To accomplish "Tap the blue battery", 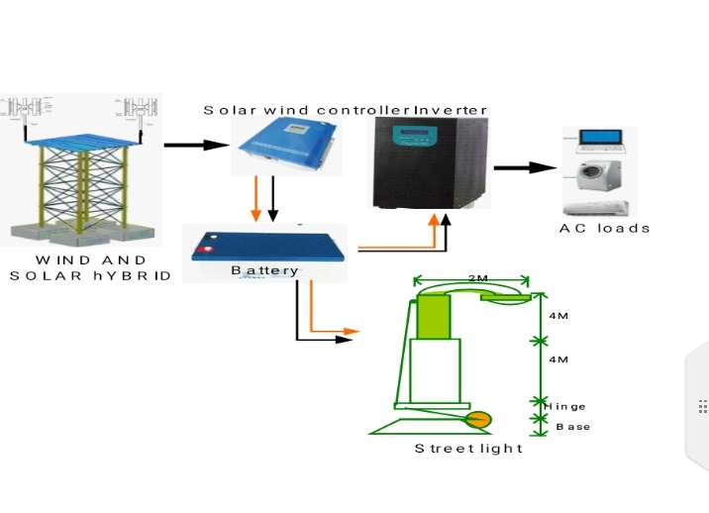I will pyautogui.click(x=267, y=250).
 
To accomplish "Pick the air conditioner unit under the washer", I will pyautogui.click(x=596, y=207).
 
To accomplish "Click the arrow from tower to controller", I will pyautogui.click(x=196, y=146).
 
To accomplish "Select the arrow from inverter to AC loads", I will pyautogui.click(x=525, y=166).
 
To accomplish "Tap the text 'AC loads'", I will pyautogui.click(x=604, y=228).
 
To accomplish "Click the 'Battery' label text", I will pyautogui.click(x=264, y=270).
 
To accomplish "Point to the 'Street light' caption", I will pyautogui.click(x=468, y=449).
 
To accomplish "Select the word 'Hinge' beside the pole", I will pyautogui.click(x=565, y=406).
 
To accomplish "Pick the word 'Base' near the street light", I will pyautogui.click(x=572, y=427).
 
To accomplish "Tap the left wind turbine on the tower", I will pyautogui.click(x=22, y=112).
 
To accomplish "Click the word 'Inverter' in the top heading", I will pyautogui.click(x=451, y=109).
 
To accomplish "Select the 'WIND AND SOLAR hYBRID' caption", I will pyautogui.click(x=90, y=267).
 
